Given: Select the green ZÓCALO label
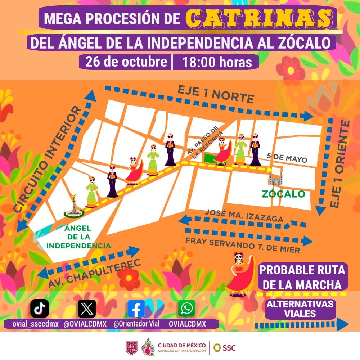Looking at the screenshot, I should (x=283, y=194).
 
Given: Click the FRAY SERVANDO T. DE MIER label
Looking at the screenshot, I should (x=243, y=245).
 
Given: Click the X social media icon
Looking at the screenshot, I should (x=87, y=309).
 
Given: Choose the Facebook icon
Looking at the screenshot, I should (x=136, y=309).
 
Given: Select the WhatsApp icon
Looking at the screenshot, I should (x=187, y=308).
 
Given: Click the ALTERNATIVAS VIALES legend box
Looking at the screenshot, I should (x=300, y=309).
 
